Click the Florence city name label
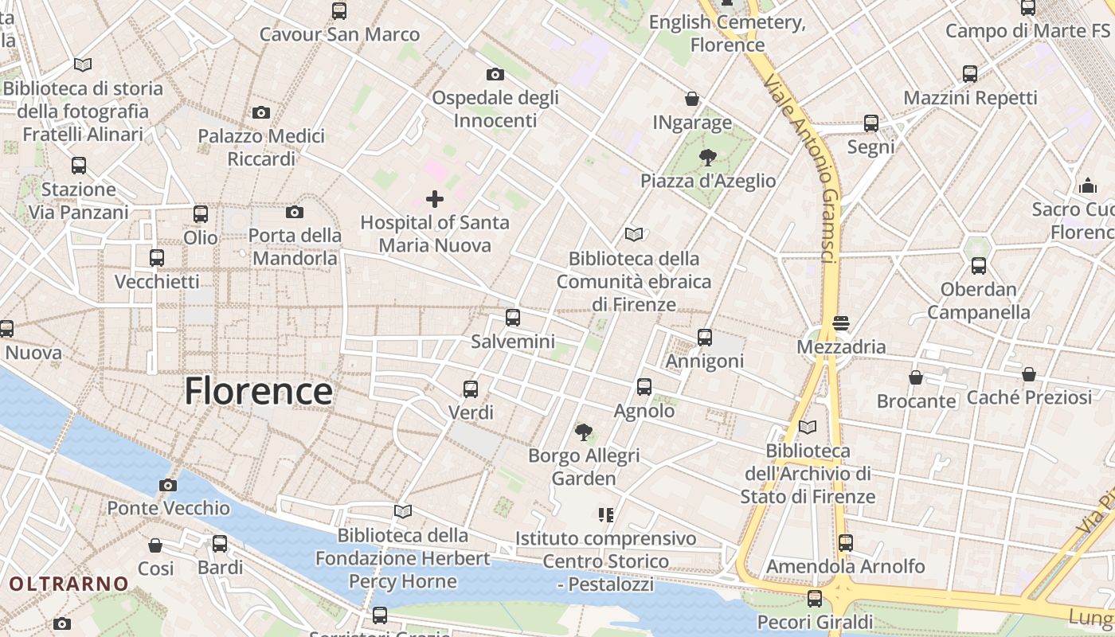[x=259, y=391]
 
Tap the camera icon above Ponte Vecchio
[x=168, y=485]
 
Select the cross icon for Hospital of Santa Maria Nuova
[x=435, y=198]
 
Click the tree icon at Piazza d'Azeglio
[x=707, y=157]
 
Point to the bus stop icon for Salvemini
[x=513, y=318]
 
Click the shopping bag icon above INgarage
[x=692, y=99]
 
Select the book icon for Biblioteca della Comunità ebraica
[x=634, y=235]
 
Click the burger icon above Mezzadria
[x=841, y=323]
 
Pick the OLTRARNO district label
[x=68, y=584]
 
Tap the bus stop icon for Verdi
[x=471, y=389]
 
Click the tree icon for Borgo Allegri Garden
[x=584, y=432]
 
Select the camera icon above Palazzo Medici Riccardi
[x=261, y=113]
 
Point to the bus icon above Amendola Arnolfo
[x=846, y=543]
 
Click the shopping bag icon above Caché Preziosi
[x=1029, y=373]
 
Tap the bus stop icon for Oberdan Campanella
[x=979, y=266]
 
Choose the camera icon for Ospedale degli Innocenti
[x=495, y=74]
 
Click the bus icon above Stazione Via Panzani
[x=79, y=166]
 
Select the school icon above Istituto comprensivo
[x=606, y=515]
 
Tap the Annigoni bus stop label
[x=705, y=361]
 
